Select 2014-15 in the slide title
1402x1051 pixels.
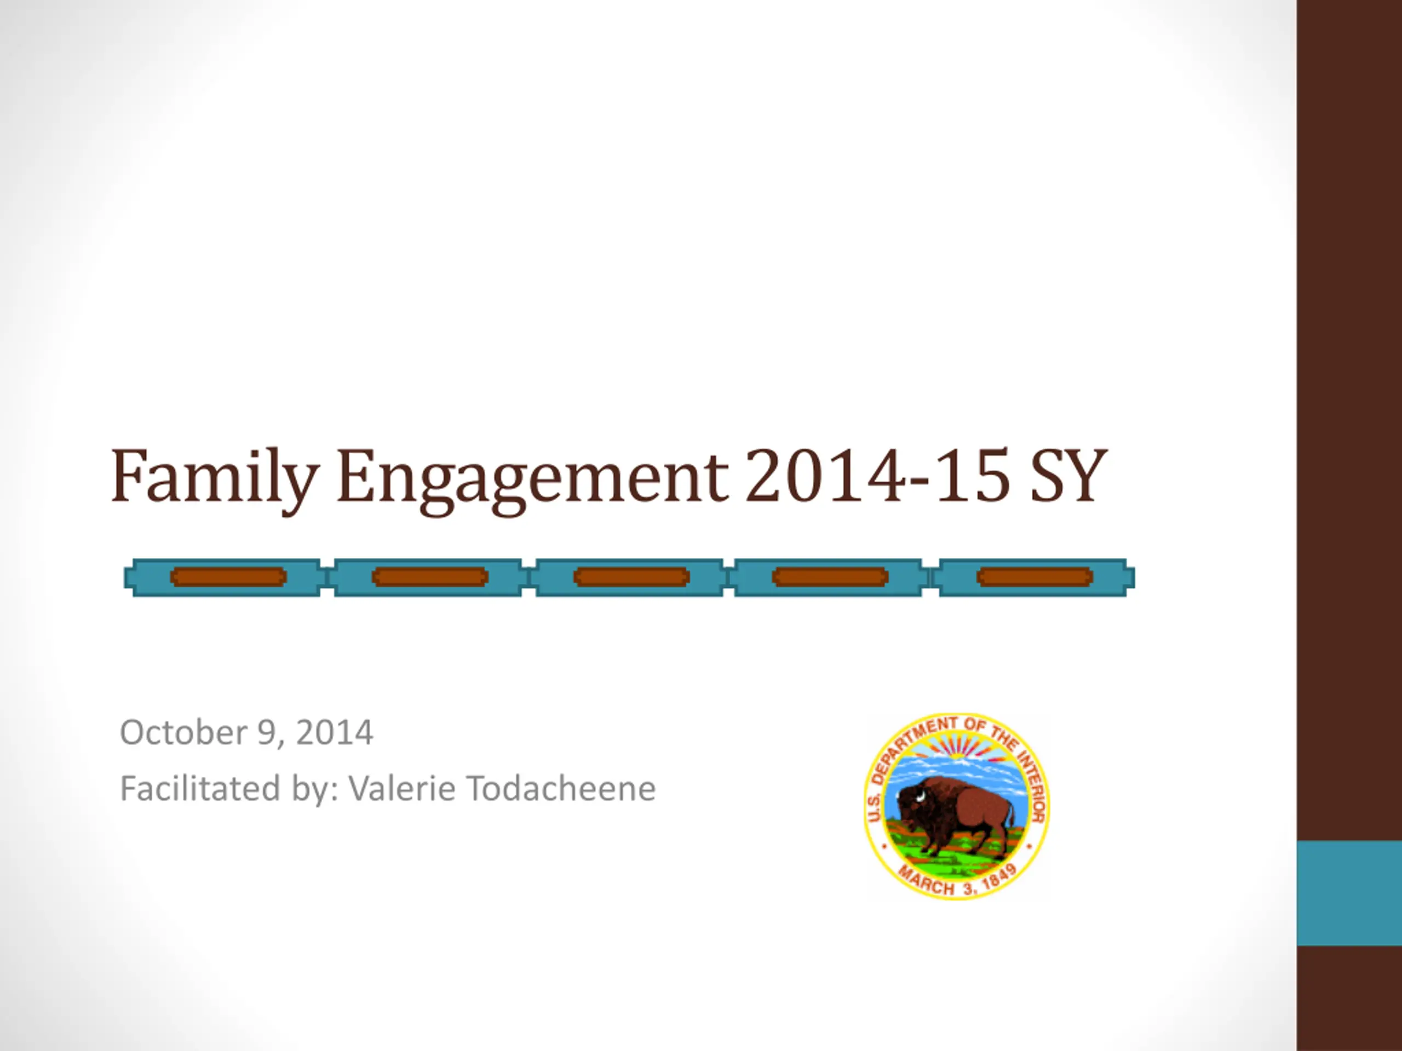[878, 475]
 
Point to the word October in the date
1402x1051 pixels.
[184, 732]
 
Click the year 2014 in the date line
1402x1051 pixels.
[334, 733]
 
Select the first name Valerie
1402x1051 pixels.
[402, 789]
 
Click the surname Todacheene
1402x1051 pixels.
[561, 789]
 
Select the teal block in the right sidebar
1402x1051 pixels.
[1349, 893]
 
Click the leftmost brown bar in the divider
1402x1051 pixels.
[229, 577]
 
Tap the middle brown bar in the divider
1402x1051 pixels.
[631, 577]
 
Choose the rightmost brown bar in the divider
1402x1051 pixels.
[1035, 577]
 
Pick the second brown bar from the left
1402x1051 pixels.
[430, 577]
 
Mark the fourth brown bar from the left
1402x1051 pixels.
[830, 577]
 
